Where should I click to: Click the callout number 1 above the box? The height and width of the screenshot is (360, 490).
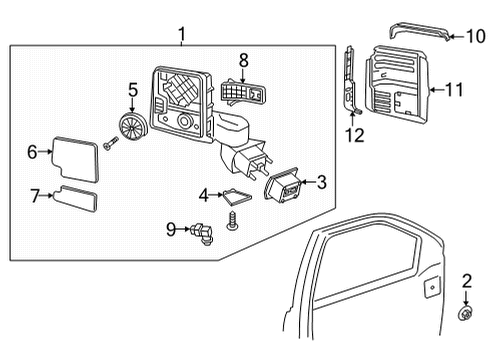tap(182, 34)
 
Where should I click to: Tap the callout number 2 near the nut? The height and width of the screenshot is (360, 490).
tap(467, 281)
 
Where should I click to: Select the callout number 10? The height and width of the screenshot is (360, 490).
tap(476, 36)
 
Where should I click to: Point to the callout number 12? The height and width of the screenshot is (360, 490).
tap(355, 135)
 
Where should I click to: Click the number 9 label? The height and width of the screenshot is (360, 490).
tap(171, 229)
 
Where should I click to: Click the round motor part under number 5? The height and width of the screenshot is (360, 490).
tap(133, 126)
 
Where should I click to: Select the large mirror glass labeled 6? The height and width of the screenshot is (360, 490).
tap(76, 159)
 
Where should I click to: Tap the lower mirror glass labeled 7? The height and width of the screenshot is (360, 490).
tap(76, 199)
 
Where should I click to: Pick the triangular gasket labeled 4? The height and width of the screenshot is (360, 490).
tap(237, 197)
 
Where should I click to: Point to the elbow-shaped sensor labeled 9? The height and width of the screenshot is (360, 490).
tap(202, 233)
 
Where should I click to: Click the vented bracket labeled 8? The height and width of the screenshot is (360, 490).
tap(243, 91)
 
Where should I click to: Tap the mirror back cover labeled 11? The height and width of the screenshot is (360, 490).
tap(397, 85)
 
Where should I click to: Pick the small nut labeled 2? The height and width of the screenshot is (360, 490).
tap(465, 313)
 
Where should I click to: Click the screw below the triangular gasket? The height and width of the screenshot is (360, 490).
tap(231, 221)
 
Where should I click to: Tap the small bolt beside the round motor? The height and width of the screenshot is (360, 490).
tap(111, 143)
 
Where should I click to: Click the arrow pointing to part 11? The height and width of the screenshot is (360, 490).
tap(437, 89)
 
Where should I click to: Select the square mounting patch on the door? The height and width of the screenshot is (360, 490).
tap(432, 287)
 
